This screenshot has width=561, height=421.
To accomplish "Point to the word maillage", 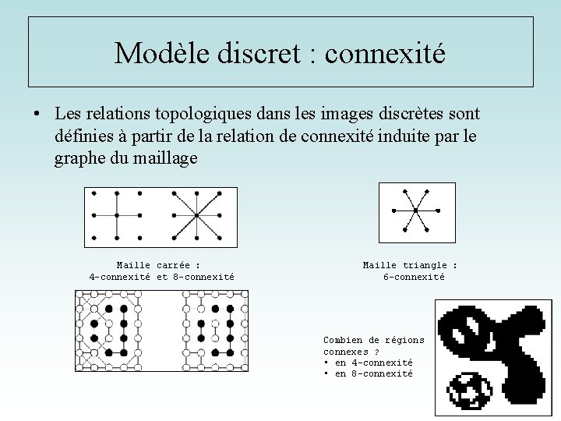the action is [166, 158].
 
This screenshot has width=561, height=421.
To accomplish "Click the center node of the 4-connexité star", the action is [116, 214].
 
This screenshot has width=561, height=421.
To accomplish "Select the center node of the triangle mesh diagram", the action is [415, 210].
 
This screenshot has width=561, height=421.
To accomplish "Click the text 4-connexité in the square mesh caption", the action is [120, 277].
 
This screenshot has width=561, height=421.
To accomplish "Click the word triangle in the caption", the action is [425, 266].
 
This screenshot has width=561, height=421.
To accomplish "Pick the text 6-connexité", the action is [414, 277].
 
